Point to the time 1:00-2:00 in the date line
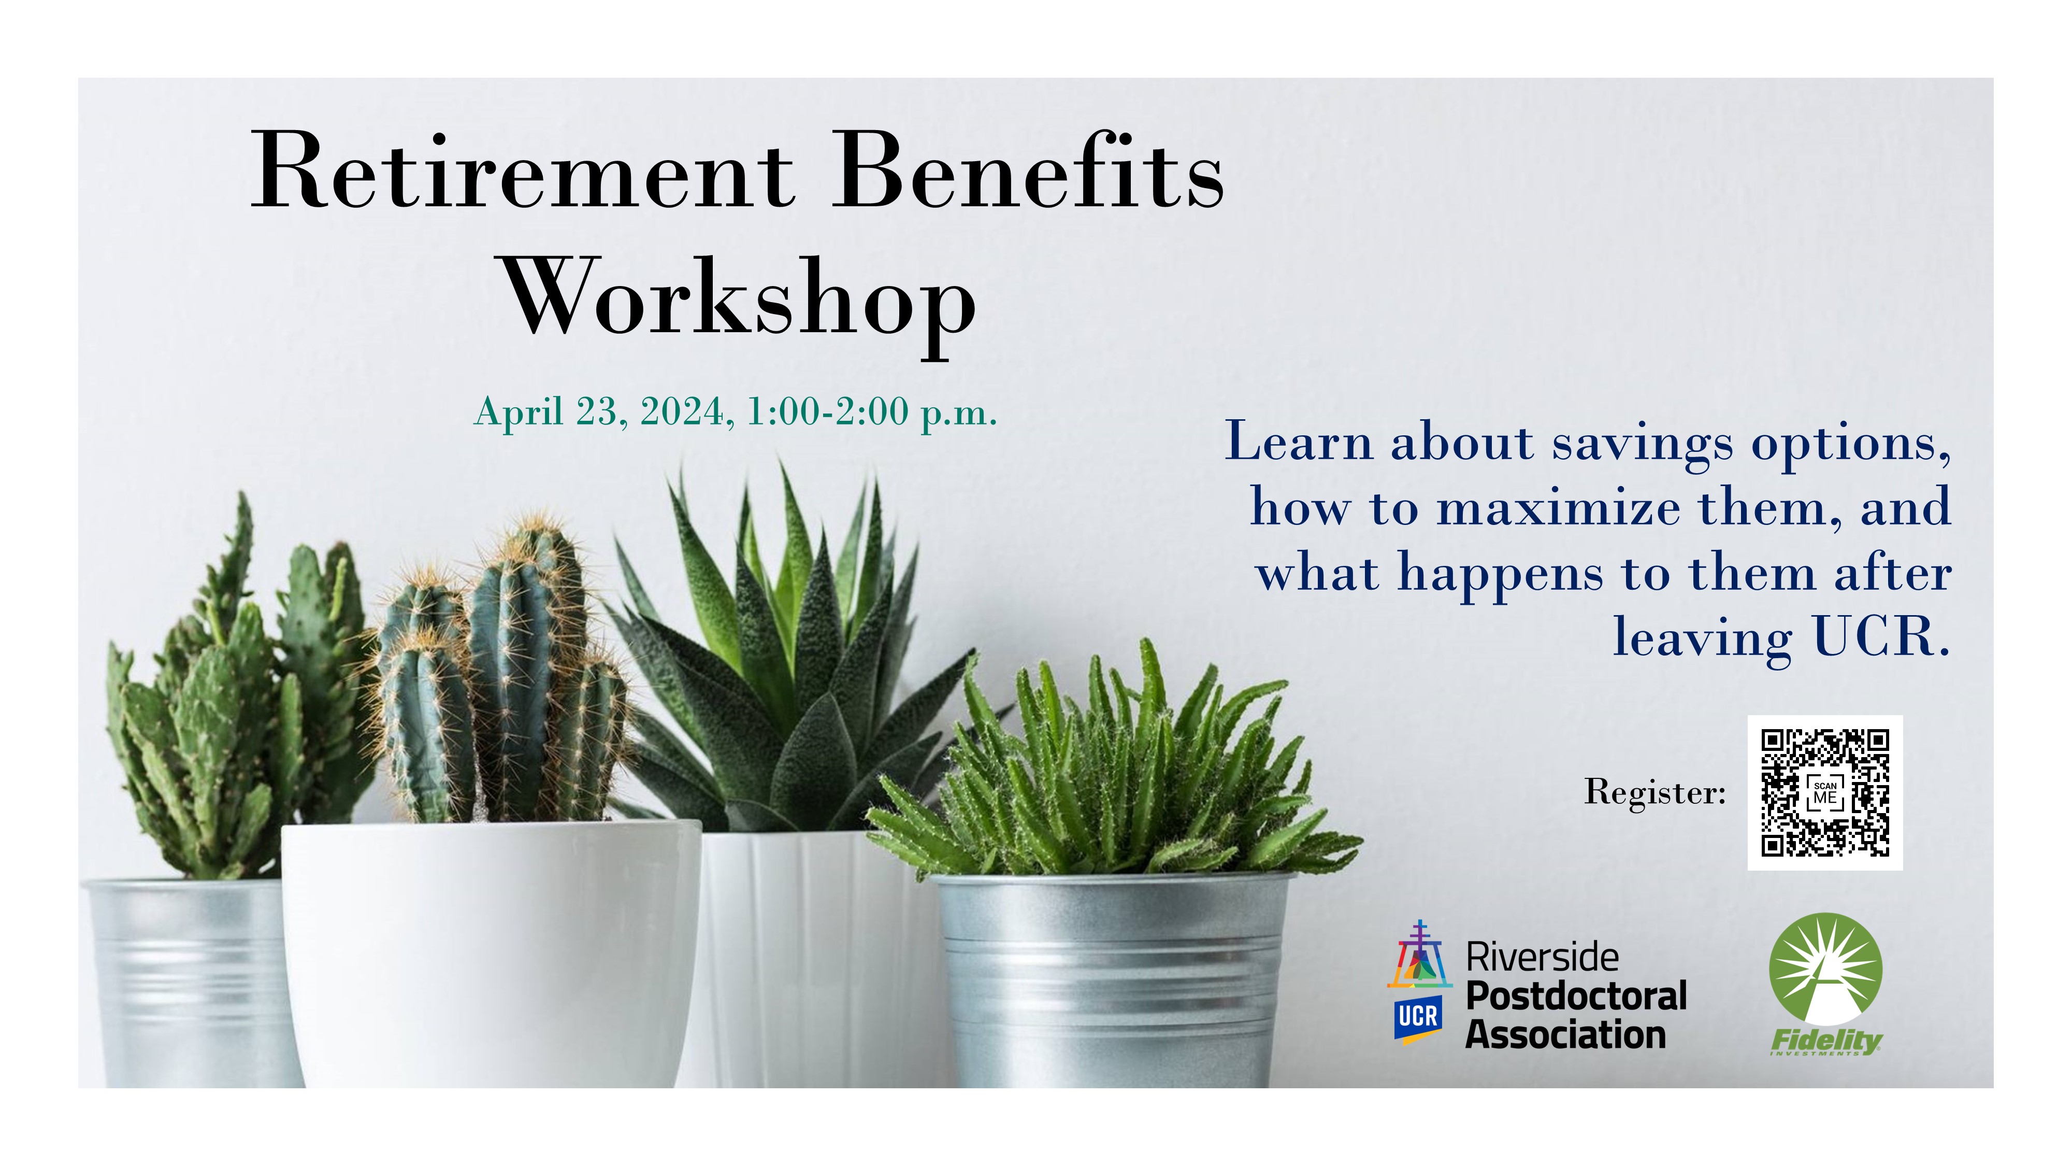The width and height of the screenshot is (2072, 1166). pos(828,412)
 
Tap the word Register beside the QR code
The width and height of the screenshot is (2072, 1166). pos(1654,793)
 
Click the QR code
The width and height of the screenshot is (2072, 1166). pos(1824,793)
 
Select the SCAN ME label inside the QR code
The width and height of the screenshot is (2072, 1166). pos(1825,793)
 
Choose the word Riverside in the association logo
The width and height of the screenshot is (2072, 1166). pos(1542,958)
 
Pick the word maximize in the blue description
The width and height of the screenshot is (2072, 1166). pos(1558,508)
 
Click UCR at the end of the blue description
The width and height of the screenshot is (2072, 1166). pos(1880,638)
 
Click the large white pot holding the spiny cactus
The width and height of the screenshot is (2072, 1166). pos(491,949)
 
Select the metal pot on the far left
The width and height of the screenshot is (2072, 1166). pos(185,982)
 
